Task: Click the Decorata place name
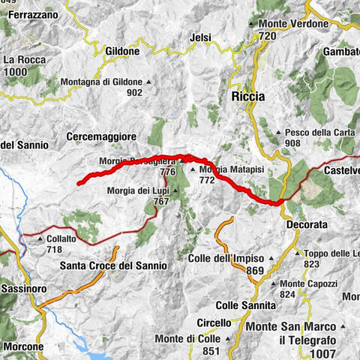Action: [308, 223]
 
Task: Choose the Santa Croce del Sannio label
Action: [113, 265]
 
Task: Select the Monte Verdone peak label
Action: [290, 24]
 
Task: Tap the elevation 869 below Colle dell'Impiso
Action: [255, 271]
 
